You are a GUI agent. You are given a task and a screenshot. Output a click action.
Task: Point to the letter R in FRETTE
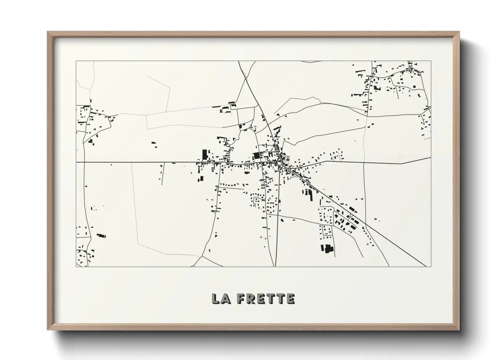pos(250,299)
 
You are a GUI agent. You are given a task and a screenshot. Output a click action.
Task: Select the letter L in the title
pos(216,299)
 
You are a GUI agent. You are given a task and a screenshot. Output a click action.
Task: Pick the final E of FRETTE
pos(290,299)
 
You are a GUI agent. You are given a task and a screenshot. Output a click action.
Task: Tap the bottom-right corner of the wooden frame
pos(459,330)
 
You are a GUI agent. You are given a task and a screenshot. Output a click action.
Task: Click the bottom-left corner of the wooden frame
pos(48,330)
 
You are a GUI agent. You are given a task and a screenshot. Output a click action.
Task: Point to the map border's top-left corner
pos(76,61)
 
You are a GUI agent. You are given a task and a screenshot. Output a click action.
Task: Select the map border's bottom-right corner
pos(431,266)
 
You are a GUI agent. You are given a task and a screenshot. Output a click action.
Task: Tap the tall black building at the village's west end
pos(205,155)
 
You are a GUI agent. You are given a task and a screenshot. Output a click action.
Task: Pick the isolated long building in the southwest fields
pos(101,235)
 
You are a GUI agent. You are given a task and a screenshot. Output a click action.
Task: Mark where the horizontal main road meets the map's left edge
pos(76,162)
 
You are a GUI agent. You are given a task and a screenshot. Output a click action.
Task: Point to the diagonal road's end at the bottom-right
pos(426,266)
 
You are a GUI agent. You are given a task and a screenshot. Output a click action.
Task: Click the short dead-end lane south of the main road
pos(163,174)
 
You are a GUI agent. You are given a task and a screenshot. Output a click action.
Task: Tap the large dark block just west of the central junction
pos(256,156)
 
